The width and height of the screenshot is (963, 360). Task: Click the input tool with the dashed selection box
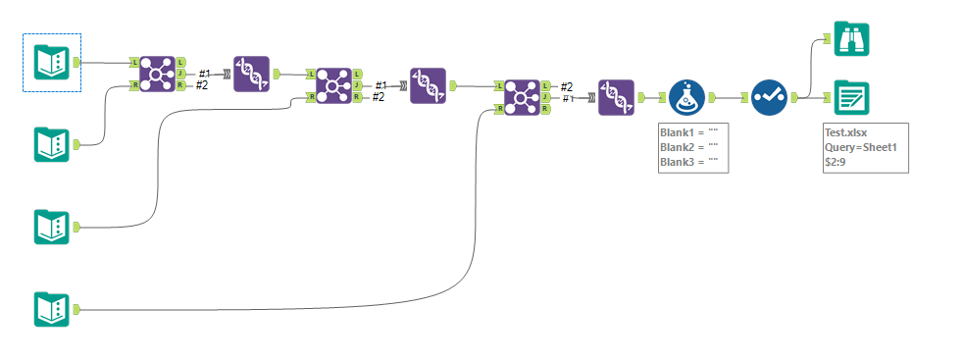tap(51, 63)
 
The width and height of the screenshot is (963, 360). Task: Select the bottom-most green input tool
tap(51, 309)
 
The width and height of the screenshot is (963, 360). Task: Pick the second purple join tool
tap(332, 85)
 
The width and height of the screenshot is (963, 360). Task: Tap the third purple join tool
tap(522, 97)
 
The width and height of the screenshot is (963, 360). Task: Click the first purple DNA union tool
tap(251, 74)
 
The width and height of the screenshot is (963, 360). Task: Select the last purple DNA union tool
tap(616, 97)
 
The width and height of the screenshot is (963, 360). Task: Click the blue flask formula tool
tap(687, 97)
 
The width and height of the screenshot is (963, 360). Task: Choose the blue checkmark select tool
tap(769, 97)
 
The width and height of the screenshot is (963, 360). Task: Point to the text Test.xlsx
tap(848, 132)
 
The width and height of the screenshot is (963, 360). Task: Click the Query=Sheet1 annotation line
tap(861, 147)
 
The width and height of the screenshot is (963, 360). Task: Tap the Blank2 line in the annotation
tap(689, 147)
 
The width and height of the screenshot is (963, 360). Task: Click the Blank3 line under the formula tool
tap(689, 161)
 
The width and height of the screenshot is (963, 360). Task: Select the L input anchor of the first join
tap(133, 62)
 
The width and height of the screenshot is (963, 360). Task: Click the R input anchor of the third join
tap(499, 109)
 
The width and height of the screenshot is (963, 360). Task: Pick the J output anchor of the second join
tap(357, 85)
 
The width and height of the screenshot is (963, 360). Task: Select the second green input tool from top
tap(51, 144)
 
